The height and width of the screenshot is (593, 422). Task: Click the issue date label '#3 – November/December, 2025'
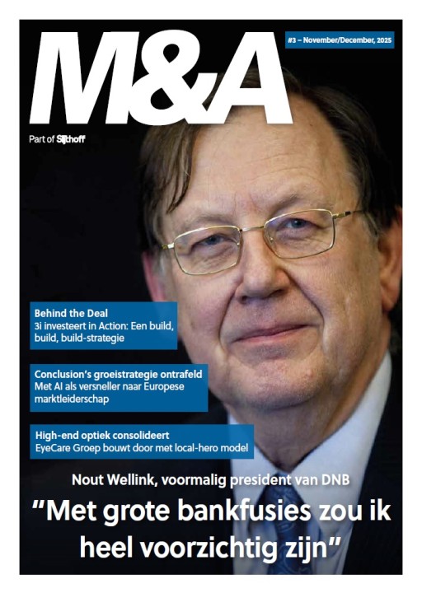[340, 39]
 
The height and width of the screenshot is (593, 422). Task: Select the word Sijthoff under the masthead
[71, 139]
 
